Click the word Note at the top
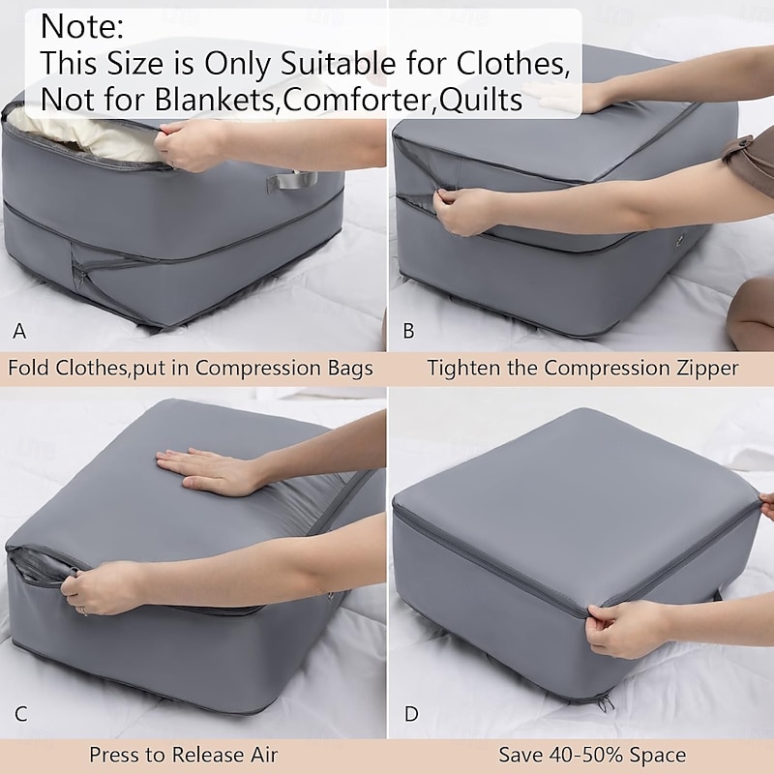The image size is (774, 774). click(81, 26)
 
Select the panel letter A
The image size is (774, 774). click(19, 331)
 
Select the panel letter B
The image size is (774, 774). click(408, 331)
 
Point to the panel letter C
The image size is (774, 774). click(20, 716)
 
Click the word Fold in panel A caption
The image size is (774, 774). click(32, 369)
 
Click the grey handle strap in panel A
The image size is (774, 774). click(287, 180)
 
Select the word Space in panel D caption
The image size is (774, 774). click(658, 755)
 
